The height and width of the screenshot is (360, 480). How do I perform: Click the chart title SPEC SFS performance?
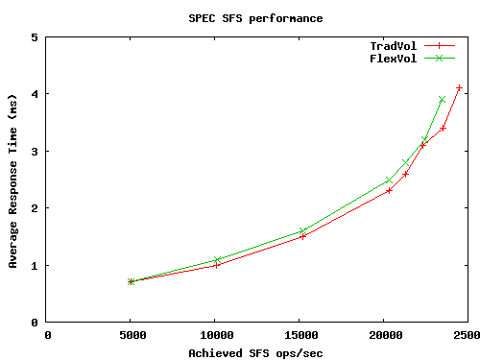(255, 17)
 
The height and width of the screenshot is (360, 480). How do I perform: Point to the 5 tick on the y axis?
(35, 37)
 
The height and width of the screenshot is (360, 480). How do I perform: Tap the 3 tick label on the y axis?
(35, 152)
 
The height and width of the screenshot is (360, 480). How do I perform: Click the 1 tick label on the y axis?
(35, 265)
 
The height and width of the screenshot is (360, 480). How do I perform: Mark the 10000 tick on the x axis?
(217, 335)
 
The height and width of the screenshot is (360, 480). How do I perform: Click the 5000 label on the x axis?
(132, 335)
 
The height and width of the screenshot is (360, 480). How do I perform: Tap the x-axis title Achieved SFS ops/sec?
(255, 352)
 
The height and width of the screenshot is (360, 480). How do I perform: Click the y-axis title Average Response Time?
(12, 180)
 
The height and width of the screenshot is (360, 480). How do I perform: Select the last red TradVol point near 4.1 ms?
(459, 88)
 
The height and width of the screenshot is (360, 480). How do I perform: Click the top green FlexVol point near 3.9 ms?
(442, 100)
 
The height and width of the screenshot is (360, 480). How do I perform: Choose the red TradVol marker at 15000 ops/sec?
(303, 236)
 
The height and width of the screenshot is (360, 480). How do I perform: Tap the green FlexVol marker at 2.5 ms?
(389, 180)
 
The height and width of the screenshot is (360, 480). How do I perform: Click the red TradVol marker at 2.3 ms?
(389, 191)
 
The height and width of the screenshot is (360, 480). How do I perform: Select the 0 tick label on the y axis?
(35, 322)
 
